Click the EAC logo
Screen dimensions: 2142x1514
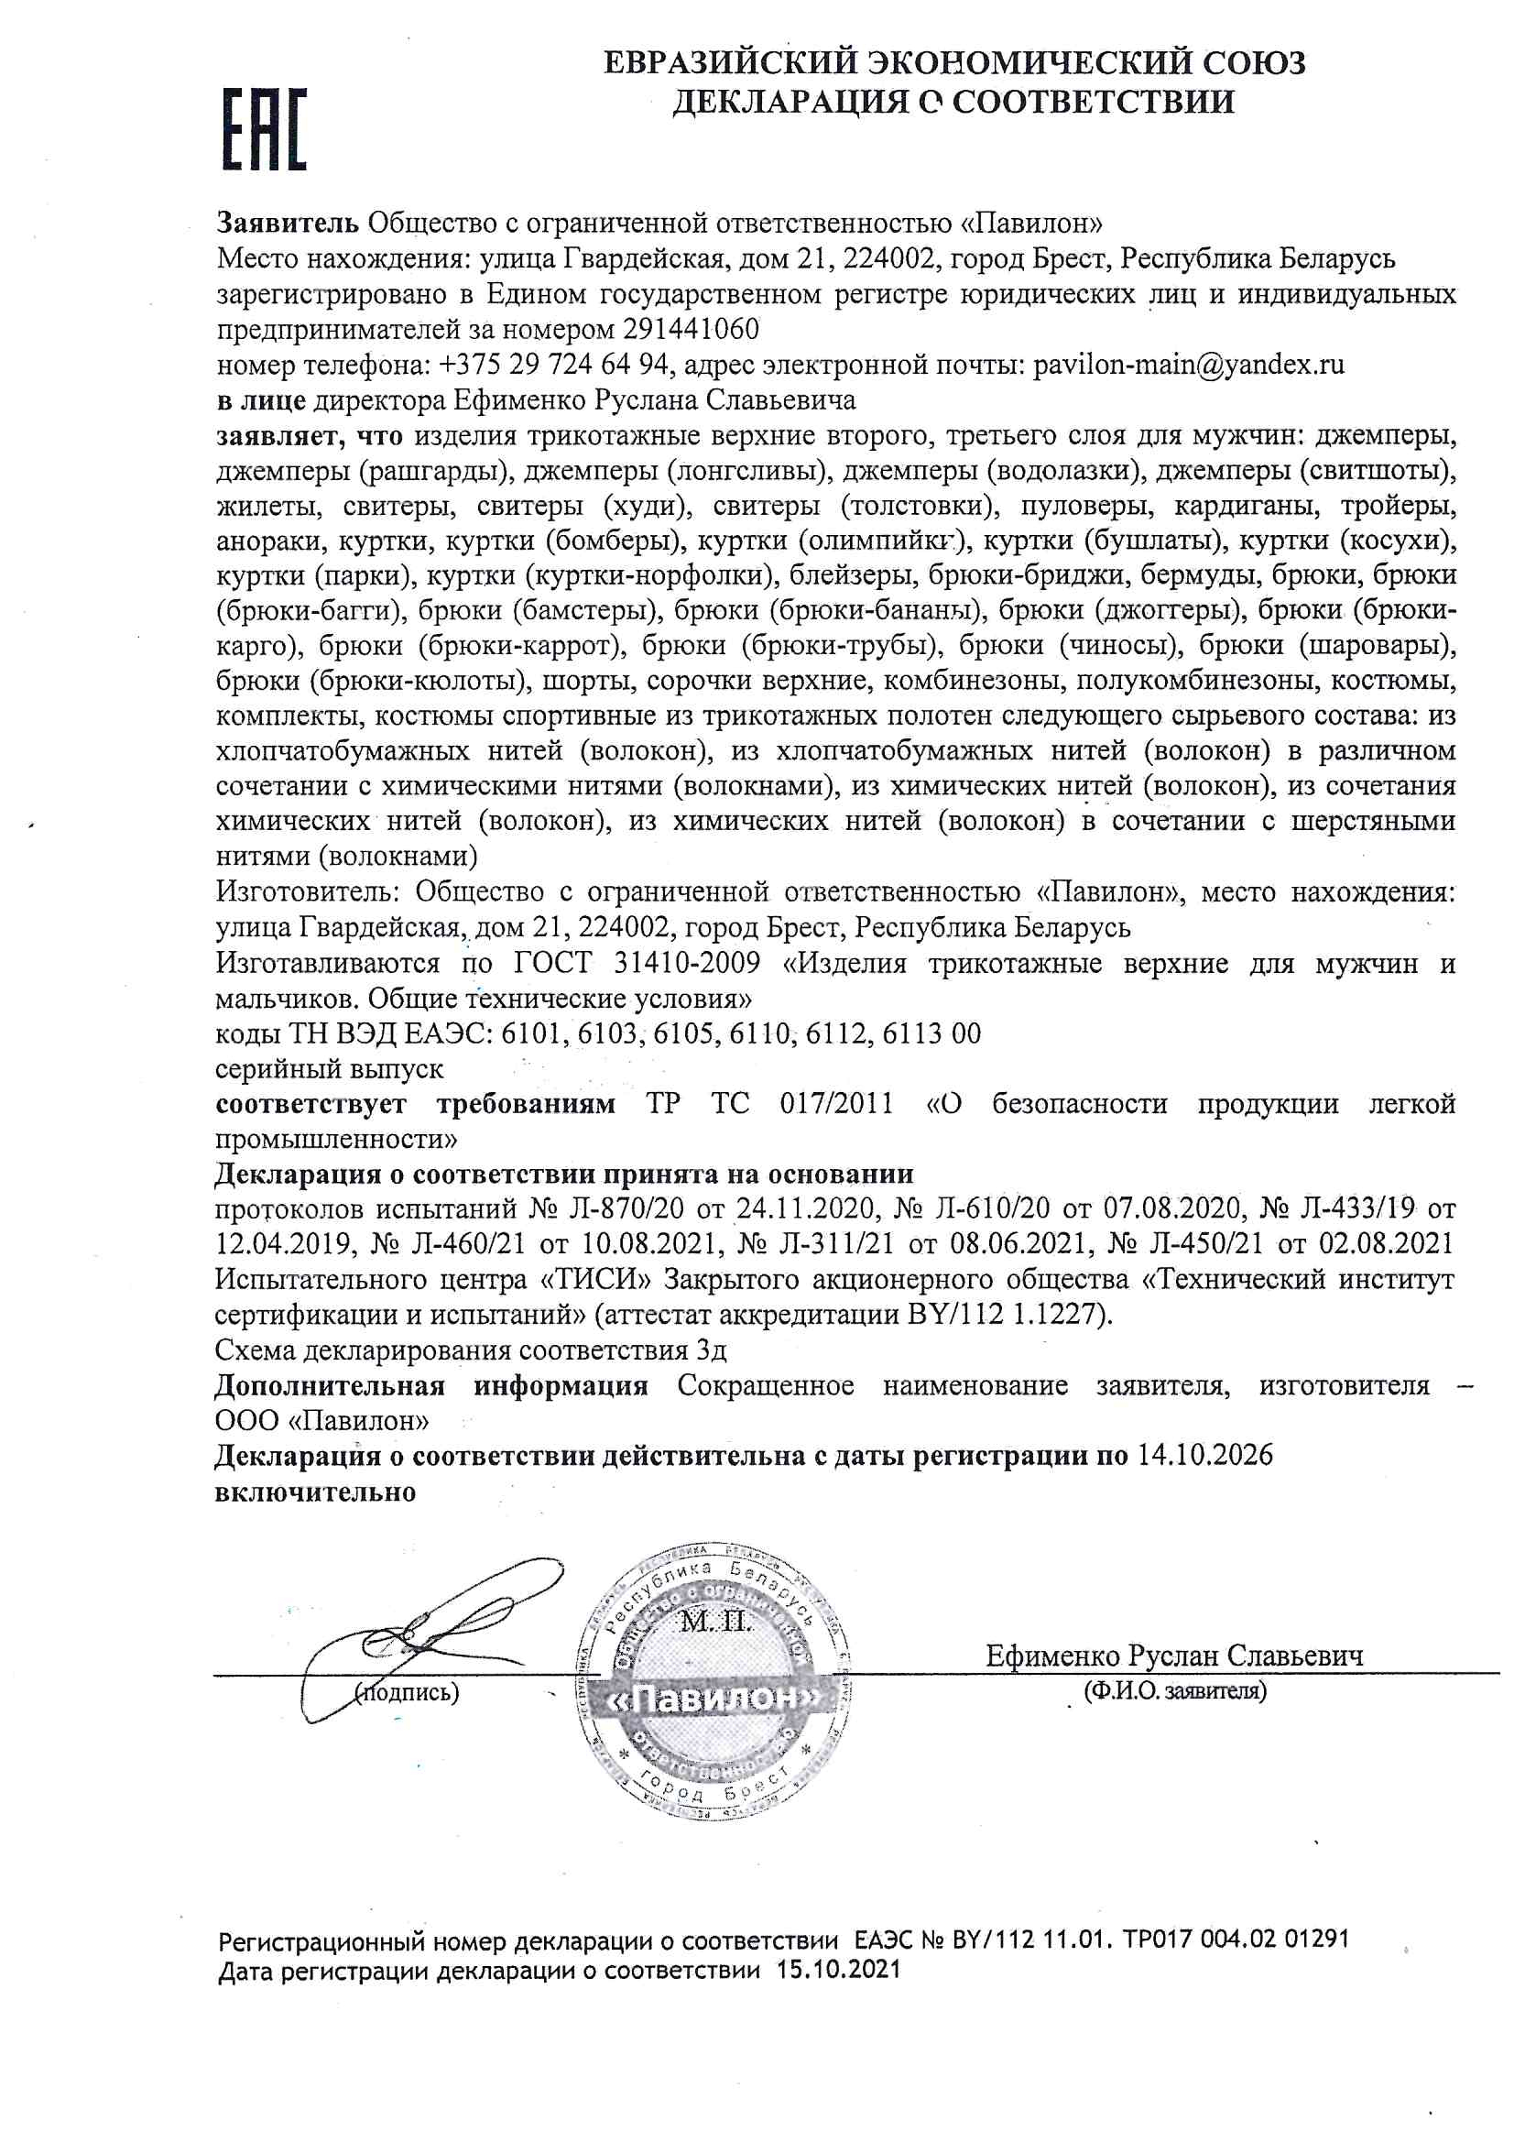click(x=264, y=130)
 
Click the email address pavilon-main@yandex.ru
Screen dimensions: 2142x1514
click(x=1188, y=365)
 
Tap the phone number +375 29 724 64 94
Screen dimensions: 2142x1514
click(x=553, y=365)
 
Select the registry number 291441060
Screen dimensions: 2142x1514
click(x=691, y=329)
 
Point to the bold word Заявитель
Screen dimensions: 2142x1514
click(x=288, y=223)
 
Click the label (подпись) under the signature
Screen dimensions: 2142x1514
click(x=407, y=1692)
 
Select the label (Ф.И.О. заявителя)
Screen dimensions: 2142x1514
click(x=1174, y=1690)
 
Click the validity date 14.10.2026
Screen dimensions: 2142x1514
click(x=1204, y=1457)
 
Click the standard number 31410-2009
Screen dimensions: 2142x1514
click(x=687, y=963)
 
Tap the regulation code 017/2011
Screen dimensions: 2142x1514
click(x=836, y=1104)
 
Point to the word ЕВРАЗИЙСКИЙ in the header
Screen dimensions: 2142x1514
click(x=729, y=63)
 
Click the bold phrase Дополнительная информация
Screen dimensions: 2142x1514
click(x=431, y=1385)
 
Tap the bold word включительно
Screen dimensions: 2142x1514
click(x=314, y=1491)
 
